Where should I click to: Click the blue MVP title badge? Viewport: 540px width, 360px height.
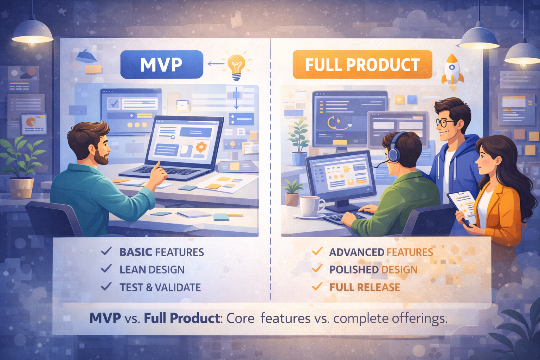point(161,65)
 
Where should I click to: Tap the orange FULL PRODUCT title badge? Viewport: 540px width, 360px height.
point(362,65)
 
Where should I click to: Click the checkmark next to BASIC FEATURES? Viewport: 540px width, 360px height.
point(106,251)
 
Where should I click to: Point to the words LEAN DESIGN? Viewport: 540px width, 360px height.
point(152,270)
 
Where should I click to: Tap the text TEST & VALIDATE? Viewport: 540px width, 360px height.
point(160,287)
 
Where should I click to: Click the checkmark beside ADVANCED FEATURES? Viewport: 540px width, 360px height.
point(317,251)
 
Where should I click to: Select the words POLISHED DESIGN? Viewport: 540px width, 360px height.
point(373,270)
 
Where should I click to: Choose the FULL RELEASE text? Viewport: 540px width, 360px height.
point(365,287)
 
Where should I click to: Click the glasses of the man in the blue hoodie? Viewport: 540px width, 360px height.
point(445,123)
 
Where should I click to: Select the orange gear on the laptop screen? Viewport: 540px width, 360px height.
point(201,147)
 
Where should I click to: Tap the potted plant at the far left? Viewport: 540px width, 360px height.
point(21,169)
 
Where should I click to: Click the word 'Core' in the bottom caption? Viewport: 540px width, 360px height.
point(240,318)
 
